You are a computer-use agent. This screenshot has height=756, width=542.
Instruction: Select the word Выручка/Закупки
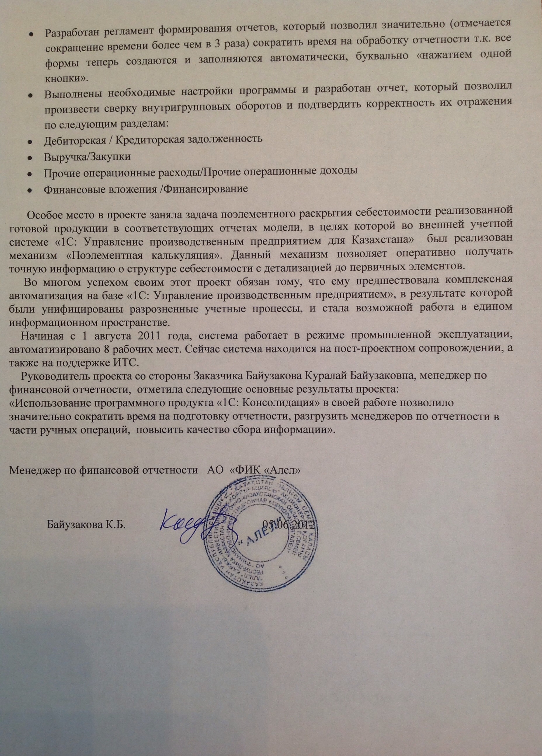pyautogui.click(x=87, y=157)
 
